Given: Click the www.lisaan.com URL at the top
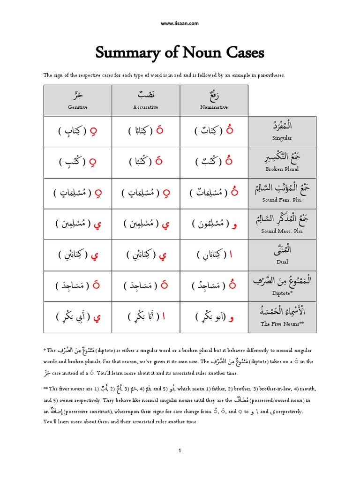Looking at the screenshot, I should click(180, 23).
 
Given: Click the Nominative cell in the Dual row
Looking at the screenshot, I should click(214, 255).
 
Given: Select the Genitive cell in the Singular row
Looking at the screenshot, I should click(78, 131).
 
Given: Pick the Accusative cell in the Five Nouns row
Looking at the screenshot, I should click(145, 317).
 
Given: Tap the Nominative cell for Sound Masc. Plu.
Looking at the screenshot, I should click(214, 224).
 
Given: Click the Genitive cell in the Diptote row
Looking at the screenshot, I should click(78, 286).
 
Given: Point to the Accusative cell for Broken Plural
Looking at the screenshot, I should click(145, 162).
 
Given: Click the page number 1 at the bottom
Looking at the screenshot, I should click(180, 450).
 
